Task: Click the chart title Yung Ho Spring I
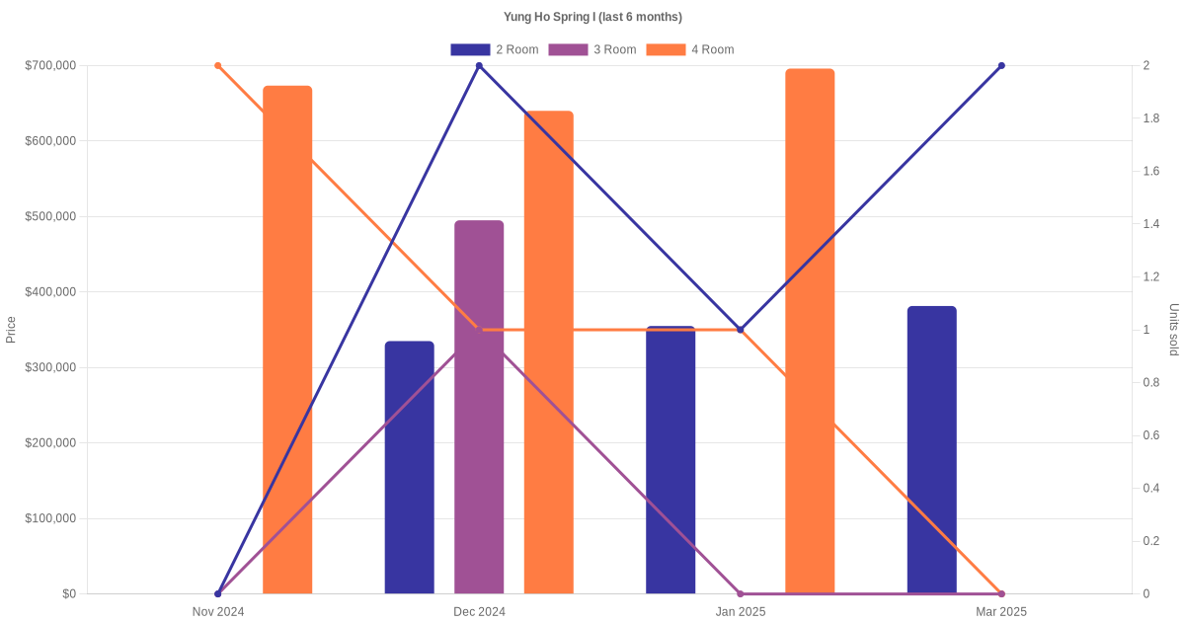click(592, 17)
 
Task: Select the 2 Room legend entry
click(494, 49)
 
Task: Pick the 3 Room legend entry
click(592, 49)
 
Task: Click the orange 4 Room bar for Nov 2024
click(287, 340)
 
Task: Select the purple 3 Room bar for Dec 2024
click(479, 407)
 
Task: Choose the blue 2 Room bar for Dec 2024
click(409, 467)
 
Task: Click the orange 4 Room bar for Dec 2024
click(548, 351)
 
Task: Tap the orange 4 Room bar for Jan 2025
click(810, 331)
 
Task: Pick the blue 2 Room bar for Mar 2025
click(931, 449)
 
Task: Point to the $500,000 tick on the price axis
click(49, 216)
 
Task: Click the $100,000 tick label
click(49, 518)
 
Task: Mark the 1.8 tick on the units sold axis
click(1151, 118)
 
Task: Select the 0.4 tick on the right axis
click(1151, 488)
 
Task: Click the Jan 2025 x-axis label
click(741, 612)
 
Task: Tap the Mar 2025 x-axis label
click(1001, 612)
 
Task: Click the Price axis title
click(11, 330)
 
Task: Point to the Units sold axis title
click(1174, 330)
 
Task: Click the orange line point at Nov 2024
click(218, 66)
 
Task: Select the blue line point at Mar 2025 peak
click(1001, 66)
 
